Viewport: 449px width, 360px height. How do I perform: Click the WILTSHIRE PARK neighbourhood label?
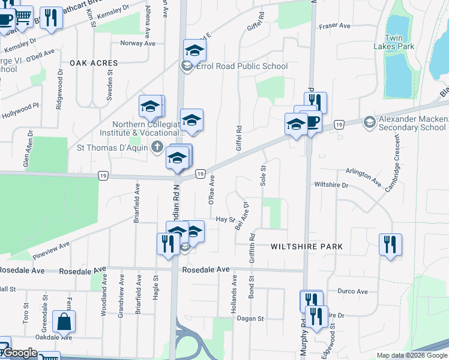click(x=306, y=247)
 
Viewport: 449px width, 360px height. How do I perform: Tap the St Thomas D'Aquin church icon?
click(x=157, y=146)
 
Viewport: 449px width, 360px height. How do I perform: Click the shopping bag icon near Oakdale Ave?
click(x=64, y=322)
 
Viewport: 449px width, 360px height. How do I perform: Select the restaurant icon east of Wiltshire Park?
click(x=390, y=245)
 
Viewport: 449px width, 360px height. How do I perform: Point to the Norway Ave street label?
click(x=137, y=43)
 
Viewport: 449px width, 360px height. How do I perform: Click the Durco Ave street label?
click(x=353, y=291)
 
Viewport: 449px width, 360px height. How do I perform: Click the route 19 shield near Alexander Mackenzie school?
click(x=340, y=124)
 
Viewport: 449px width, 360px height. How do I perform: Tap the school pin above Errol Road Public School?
click(x=194, y=50)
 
